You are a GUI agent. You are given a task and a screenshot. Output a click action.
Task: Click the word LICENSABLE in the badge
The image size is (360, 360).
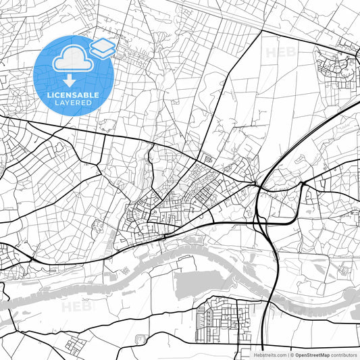(x=72, y=95)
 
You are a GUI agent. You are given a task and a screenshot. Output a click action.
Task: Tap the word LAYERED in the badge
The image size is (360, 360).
(x=72, y=103)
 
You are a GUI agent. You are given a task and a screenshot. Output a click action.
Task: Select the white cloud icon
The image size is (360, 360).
(x=72, y=59)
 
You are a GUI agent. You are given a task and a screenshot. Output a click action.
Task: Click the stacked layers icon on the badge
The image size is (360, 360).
(x=103, y=47)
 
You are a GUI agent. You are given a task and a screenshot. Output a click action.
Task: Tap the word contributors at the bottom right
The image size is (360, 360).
(x=344, y=354)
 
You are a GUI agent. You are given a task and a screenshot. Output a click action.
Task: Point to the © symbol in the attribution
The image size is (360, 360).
(x=292, y=354)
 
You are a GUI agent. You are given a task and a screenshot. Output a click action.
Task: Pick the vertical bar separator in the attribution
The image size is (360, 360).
(x=286, y=354)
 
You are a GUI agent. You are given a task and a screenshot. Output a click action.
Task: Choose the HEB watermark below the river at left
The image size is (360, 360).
(x=76, y=307)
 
